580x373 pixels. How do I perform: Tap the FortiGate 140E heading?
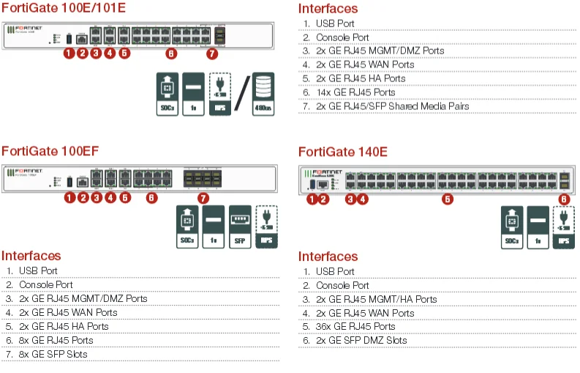point(342,152)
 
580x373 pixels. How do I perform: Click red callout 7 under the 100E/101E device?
point(212,53)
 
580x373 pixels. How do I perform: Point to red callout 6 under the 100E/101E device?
point(170,53)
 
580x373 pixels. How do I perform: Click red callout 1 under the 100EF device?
point(69,197)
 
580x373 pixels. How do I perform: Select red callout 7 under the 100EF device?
point(203,197)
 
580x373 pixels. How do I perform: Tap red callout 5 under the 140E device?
point(448,199)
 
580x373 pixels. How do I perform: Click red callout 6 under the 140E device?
point(563,199)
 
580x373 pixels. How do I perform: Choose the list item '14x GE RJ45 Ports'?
point(355,92)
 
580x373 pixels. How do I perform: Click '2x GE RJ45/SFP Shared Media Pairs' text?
point(392,106)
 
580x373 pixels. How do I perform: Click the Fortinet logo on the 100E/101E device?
point(26,29)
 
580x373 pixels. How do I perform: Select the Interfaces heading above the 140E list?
point(328,256)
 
